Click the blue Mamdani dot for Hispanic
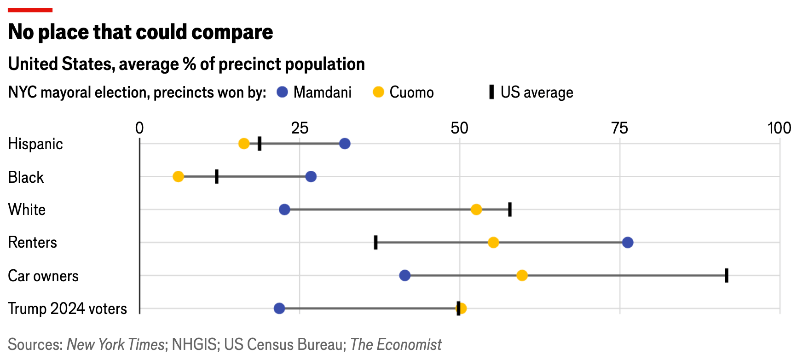[x=345, y=144]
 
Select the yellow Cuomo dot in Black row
[x=178, y=176]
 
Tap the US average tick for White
[x=510, y=209]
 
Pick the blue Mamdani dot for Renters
[x=628, y=242]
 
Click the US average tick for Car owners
[x=727, y=275]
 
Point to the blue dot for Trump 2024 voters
[x=279, y=308]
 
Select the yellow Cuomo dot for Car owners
[x=522, y=275]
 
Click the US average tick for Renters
[x=375, y=242]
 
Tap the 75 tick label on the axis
[x=619, y=128]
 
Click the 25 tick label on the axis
[x=300, y=128]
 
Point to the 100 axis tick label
[x=779, y=128]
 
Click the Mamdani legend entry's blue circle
[x=282, y=92]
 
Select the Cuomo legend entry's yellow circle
[x=378, y=92]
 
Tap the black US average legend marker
[x=491, y=92]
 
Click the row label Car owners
[x=43, y=276]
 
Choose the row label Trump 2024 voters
[x=67, y=308]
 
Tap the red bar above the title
[x=30, y=10]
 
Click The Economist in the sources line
[x=396, y=344]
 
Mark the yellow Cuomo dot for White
[x=476, y=209]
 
